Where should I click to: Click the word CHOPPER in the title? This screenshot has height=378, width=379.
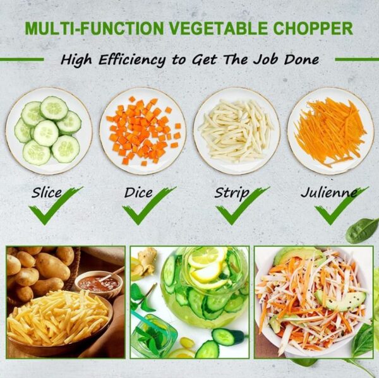click(x=313, y=28)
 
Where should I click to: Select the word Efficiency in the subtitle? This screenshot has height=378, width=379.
click(x=132, y=60)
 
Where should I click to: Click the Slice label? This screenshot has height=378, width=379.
click(x=47, y=193)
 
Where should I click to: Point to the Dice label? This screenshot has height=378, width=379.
click(x=138, y=193)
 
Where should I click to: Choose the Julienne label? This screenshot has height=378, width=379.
click(x=328, y=192)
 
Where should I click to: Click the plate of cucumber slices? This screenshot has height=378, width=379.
click(x=49, y=131)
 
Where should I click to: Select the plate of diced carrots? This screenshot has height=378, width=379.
click(x=143, y=131)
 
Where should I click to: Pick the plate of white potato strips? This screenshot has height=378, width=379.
click(x=237, y=131)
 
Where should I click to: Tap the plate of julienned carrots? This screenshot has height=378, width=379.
click(x=330, y=131)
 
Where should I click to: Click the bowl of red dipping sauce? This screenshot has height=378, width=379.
click(x=99, y=283)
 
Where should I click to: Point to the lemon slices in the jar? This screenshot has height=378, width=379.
click(x=207, y=266)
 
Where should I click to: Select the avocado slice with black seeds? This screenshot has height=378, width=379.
click(x=340, y=300)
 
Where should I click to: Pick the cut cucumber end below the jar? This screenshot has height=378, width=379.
click(x=227, y=336)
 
